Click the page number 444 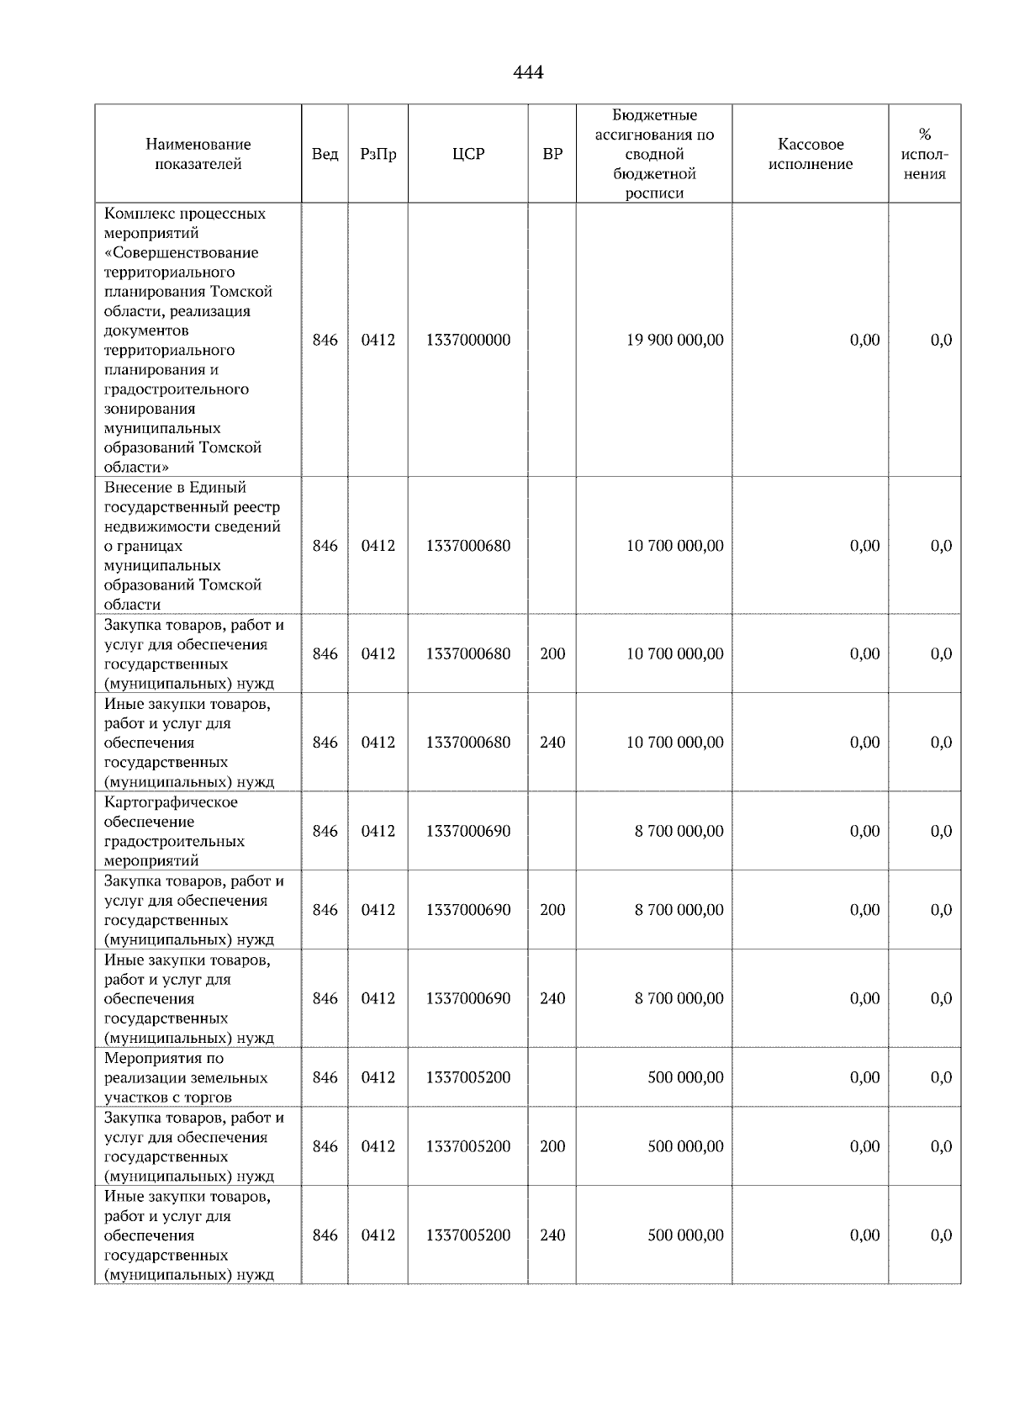tap(528, 73)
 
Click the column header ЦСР tap(468, 154)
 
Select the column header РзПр tap(378, 154)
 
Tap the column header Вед tap(325, 154)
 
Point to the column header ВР tap(552, 154)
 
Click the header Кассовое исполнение tap(810, 154)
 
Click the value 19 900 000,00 tap(674, 341)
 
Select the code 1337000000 tap(468, 341)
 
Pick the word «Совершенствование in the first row tap(182, 253)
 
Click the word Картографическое tap(171, 802)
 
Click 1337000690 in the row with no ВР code tap(468, 831)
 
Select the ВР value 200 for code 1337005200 tap(552, 1147)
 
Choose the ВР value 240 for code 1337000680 tap(552, 743)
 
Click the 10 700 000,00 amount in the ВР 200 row tap(674, 654)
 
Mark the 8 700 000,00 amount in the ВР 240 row tap(679, 999)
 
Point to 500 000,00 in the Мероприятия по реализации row tap(685, 1078)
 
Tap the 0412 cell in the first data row tap(378, 341)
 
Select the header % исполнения tap(924, 154)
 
